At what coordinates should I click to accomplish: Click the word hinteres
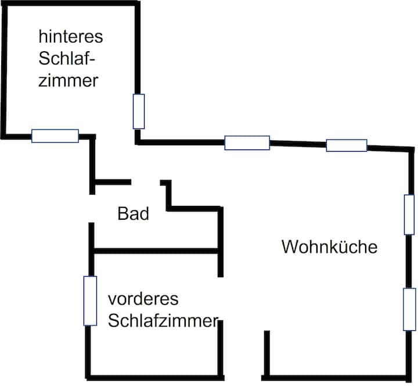(x=70, y=37)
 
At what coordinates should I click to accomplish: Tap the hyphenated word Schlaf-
(x=66, y=59)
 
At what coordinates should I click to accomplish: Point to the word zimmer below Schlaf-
(x=68, y=80)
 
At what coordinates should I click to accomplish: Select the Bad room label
(x=134, y=214)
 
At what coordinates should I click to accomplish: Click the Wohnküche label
(x=329, y=247)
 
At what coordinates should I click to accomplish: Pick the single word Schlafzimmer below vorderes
(x=163, y=320)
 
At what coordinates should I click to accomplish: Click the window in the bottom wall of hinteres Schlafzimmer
(x=55, y=136)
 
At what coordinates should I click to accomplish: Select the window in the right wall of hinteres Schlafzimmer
(x=138, y=111)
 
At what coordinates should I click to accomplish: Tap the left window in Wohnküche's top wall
(x=247, y=142)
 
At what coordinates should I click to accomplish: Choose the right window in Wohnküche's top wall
(x=347, y=145)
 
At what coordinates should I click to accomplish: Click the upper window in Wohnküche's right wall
(x=409, y=215)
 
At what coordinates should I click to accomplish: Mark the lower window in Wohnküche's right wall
(x=410, y=309)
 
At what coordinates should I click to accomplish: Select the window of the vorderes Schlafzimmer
(x=90, y=301)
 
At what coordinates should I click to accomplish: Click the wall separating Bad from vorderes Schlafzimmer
(x=155, y=251)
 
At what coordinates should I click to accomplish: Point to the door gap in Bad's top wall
(x=146, y=183)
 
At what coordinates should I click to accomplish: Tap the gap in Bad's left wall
(x=91, y=208)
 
